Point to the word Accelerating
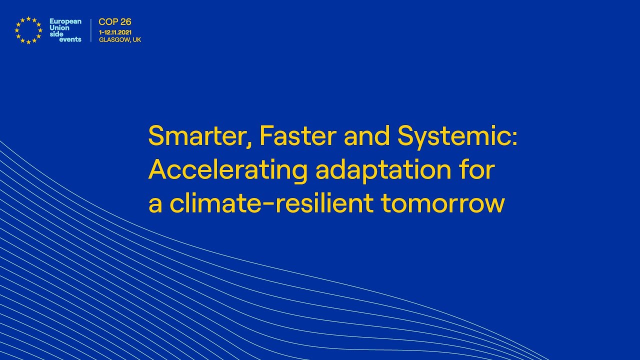pyautogui.click(x=227, y=170)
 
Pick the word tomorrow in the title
pyautogui.click(x=442, y=203)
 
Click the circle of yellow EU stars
pyautogui.click(x=28, y=30)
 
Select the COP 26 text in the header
pyautogui.click(x=115, y=22)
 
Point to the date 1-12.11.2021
pyautogui.click(x=115, y=32)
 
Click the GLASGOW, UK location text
pyautogui.click(x=120, y=39)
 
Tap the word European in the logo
pyautogui.click(x=65, y=21)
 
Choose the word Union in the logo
pyautogui.click(x=59, y=27)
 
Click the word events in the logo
pyautogui.click(x=70, y=39)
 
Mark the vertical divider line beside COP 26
pyautogui.click(x=91, y=30)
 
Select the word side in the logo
pyautogui.click(x=56, y=33)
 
